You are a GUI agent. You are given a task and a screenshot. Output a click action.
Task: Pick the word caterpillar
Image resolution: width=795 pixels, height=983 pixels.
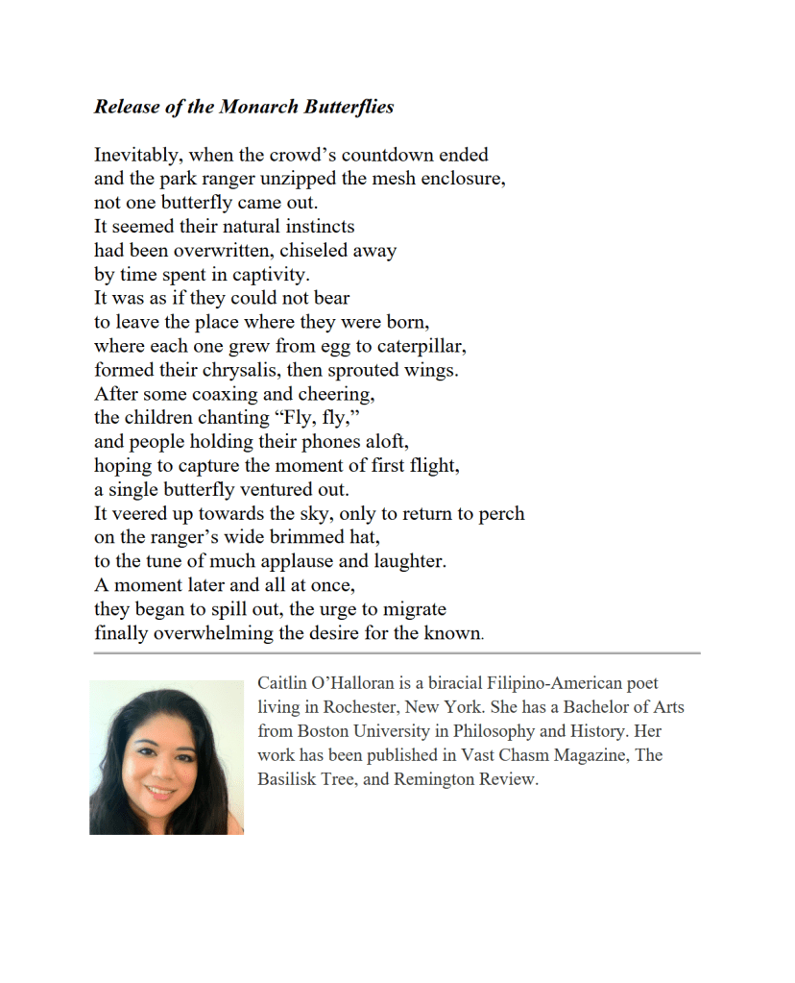[416, 346]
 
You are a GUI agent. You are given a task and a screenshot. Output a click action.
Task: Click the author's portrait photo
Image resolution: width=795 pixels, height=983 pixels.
[166, 757]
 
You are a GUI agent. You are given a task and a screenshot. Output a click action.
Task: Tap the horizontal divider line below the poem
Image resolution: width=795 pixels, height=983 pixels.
[397, 653]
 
